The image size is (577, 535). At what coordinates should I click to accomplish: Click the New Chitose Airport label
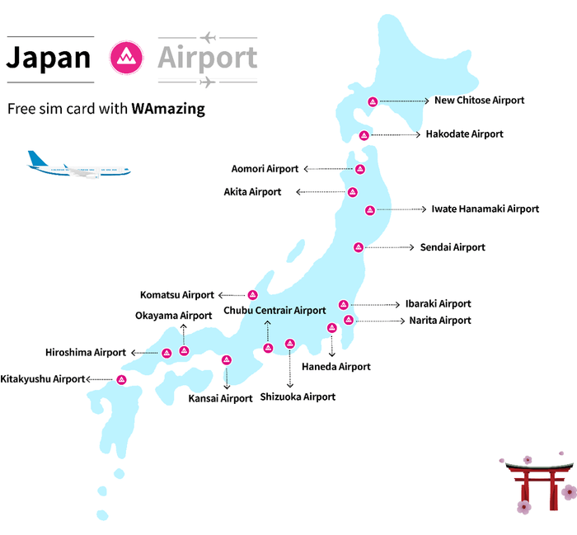(479, 101)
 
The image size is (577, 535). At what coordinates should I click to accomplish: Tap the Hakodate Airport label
(464, 134)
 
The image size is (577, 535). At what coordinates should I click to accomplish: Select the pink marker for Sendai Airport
(359, 247)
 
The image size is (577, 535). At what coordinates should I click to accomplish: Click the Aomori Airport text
(265, 169)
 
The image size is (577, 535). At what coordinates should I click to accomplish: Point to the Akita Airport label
(252, 192)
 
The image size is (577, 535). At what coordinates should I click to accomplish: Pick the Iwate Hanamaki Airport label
(486, 209)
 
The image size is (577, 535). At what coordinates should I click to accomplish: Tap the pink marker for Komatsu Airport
(253, 295)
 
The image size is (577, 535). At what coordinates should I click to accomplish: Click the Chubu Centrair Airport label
(274, 311)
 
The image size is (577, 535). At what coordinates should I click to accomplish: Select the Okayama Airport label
(174, 316)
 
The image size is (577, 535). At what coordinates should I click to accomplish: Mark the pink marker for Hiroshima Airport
(167, 353)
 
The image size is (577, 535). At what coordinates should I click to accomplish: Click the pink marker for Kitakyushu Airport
(121, 380)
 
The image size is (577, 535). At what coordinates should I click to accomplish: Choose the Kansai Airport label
(220, 399)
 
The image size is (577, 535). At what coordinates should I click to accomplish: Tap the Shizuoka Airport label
(298, 397)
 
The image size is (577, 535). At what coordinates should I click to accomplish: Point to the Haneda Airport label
(336, 367)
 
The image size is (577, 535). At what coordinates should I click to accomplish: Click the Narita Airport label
(440, 321)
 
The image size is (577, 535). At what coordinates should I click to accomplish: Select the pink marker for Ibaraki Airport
(344, 304)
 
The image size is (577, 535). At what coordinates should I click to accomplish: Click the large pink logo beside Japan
(126, 59)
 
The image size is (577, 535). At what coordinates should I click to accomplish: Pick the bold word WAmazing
(168, 109)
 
